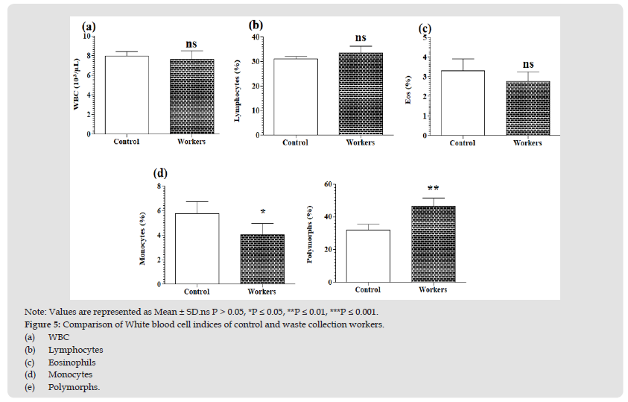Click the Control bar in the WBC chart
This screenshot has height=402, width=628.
coord(127,95)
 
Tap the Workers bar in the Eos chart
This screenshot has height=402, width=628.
coord(527,108)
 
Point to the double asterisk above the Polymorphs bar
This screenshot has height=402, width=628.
coord(433,189)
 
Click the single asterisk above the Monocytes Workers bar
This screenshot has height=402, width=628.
coord(263,213)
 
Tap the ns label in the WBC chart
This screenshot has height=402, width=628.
coord(191,44)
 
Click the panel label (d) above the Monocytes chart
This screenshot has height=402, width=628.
coord(160,173)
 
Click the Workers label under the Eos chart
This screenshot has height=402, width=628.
coord(527,143)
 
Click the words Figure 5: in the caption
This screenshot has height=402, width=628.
coord(42,324)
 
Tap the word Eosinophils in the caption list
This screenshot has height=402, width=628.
coord(72,362)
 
